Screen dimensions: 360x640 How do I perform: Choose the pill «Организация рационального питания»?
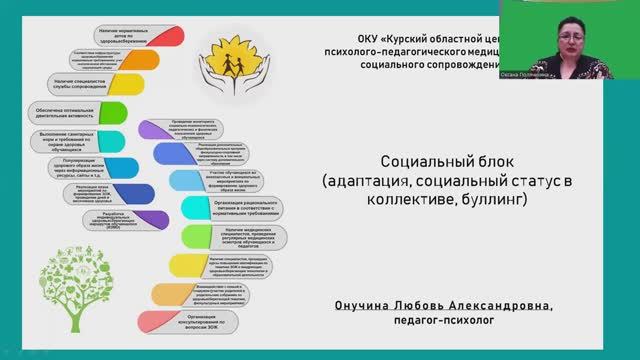tap(245, 209)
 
